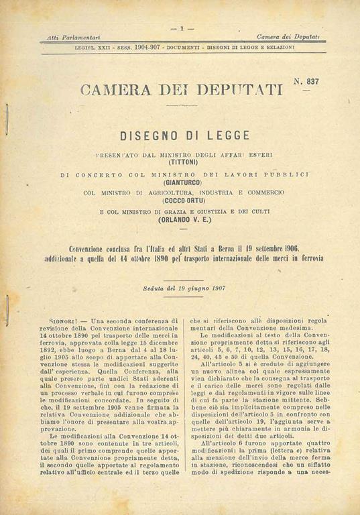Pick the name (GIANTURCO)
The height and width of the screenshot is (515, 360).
coord(181,181)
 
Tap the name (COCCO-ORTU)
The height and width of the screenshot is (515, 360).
coord(181,200)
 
